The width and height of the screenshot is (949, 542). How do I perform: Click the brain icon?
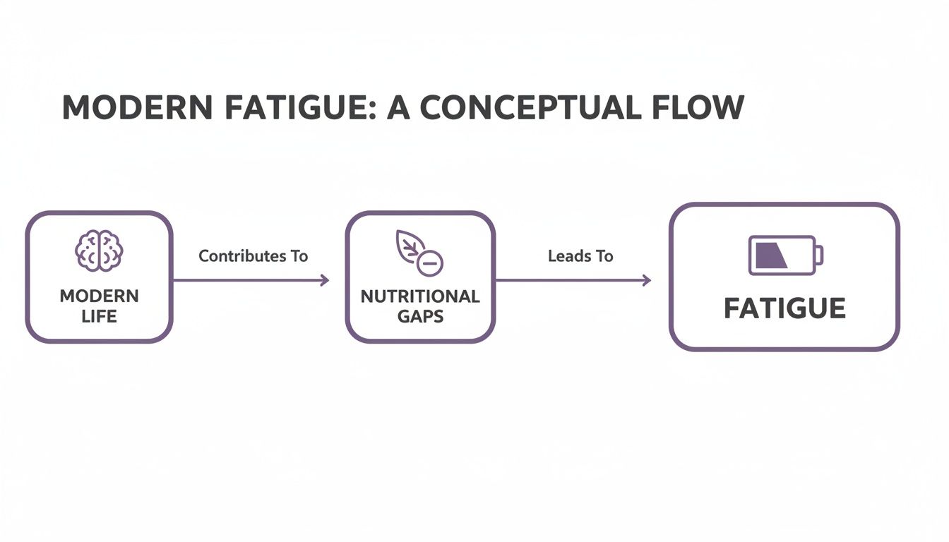(x=99, y=250)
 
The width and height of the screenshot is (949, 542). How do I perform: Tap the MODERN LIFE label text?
(x=99, y=305)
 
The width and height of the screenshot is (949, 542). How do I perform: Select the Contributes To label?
(x=253, y=256)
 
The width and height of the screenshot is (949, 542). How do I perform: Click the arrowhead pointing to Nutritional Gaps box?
(x=325, y=280)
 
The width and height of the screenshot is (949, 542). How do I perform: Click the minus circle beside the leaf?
(x=430, y=264)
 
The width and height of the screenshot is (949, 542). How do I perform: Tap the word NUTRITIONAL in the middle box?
(x=420, y=296)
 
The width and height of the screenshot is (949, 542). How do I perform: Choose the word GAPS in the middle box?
(x=420, y=315)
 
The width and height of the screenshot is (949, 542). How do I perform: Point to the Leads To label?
(x=580, y=256)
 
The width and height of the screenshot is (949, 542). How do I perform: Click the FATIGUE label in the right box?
(x=784, y=308)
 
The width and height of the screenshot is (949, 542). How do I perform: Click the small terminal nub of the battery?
(x=820, y=255)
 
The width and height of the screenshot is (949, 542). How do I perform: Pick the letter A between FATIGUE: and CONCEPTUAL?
(x=402, y=107)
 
